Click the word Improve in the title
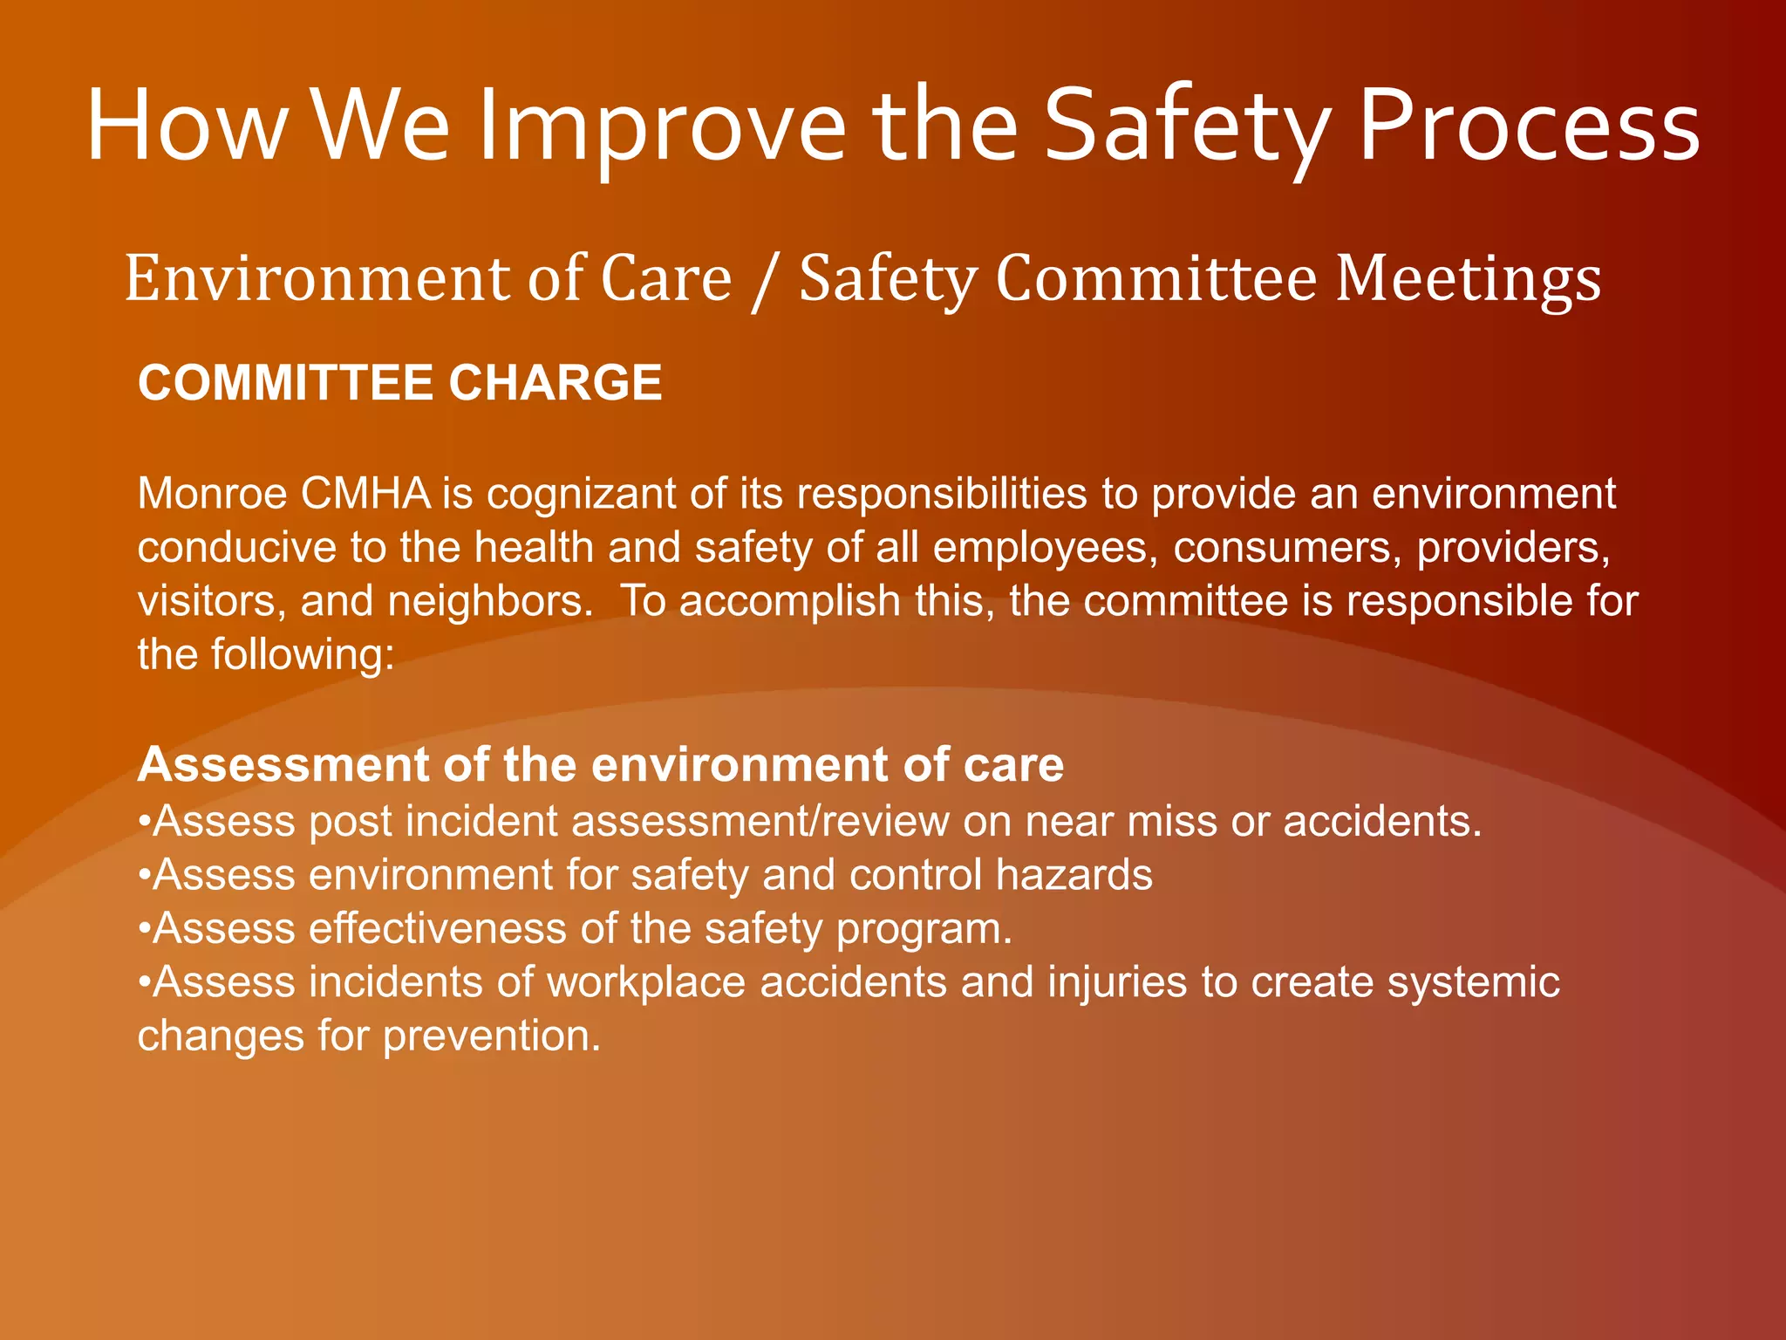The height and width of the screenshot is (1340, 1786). (663, 126)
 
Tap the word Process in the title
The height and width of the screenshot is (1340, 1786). (1529, 126)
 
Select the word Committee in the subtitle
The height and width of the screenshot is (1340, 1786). (1155, 279)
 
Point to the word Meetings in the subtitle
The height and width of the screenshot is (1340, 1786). (1469, 279)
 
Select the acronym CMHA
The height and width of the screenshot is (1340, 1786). (365, 494)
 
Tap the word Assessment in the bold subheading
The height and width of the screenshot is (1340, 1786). (283, 765)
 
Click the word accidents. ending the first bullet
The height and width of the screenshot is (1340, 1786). (1382, 822)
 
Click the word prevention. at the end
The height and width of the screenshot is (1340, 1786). (492, 1037)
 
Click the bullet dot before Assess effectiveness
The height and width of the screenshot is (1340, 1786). (145, 930)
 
